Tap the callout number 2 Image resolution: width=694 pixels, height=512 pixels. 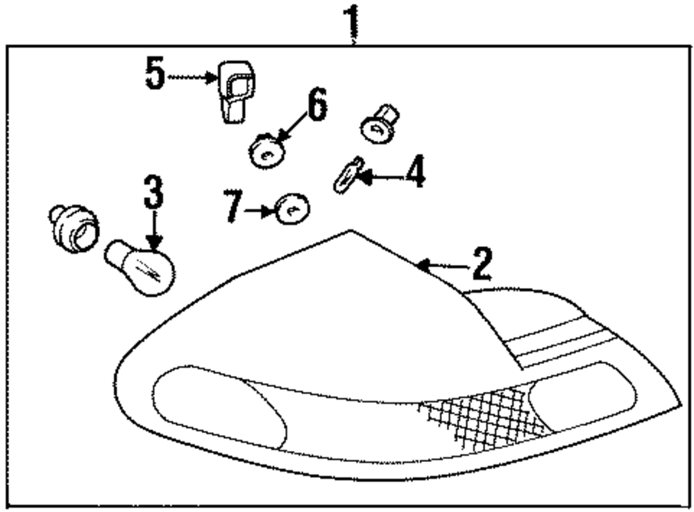(x=480, y=264)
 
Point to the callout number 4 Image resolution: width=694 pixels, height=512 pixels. (x=414, y=173)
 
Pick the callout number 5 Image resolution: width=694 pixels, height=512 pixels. (x=155, y=74)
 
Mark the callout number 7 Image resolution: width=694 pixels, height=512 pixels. (x=234, y=206)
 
